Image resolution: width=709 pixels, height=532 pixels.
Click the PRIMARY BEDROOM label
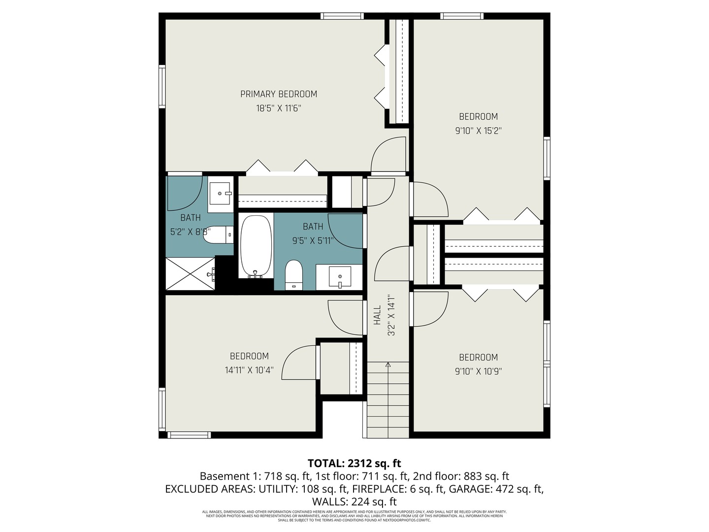coord(278,94)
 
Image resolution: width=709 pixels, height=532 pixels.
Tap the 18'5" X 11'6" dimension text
coord(278,108)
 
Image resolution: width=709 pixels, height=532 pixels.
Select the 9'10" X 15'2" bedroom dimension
coord(478,131)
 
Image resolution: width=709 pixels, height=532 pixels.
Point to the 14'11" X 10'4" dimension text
coord(249,370)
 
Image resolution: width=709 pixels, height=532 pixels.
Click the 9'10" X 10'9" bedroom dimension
coord(478,371)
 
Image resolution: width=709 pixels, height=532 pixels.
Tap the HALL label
coord(378,315)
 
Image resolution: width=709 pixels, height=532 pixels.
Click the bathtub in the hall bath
coord(256,246)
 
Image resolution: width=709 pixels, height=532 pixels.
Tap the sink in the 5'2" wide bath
coord(220,194)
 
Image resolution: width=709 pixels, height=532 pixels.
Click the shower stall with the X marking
coord(191,274)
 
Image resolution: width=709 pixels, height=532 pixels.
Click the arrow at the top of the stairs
coord(388,365)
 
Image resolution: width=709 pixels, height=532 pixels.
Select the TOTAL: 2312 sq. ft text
coord(354,464)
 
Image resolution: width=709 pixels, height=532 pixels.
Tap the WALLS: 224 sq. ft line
coord(354,502)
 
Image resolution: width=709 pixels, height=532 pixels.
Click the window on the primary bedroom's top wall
coord(342,16)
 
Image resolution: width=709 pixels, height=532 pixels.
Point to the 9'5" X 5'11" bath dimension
coord(313,241)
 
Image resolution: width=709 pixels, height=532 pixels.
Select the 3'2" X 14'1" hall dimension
coord(392,315)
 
